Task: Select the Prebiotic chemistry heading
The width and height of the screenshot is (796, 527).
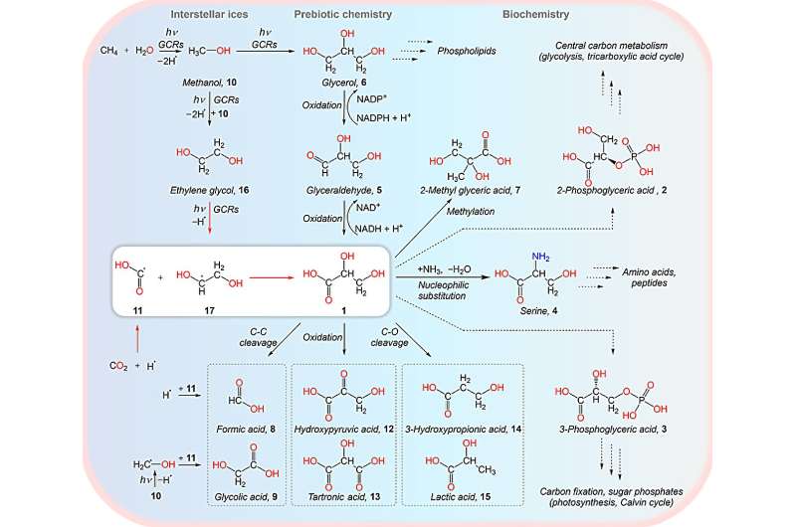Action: tap(342, 15)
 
